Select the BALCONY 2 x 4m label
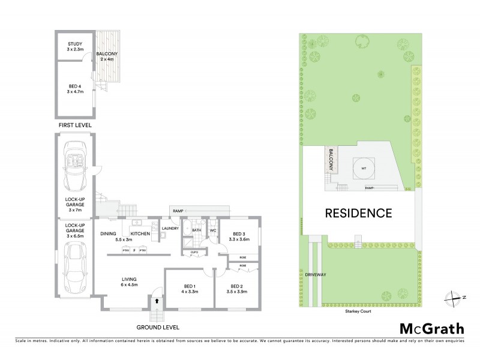tap(109, 57)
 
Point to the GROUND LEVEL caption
tap(157, 327)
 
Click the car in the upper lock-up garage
tap(76, 165)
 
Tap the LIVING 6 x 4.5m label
tap(128, 282)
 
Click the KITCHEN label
tap(140, 233)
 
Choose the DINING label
tap(109, 233)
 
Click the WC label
tap(212, 230)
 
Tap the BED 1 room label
tap(189, 288)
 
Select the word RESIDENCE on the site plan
tap(359, 213)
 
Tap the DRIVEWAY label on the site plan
tap(315, 274)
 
